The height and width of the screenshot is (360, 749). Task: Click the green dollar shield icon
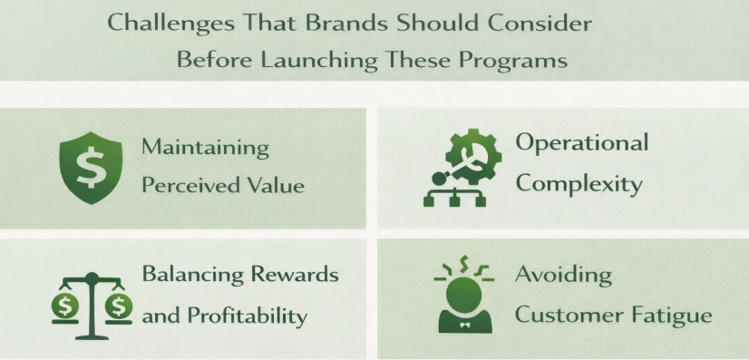91,169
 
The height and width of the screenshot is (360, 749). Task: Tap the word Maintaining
206,147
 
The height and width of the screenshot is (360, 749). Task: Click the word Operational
581,143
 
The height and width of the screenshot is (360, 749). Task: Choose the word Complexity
579,184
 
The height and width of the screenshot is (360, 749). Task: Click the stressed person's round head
463,292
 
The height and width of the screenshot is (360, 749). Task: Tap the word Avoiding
564,275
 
